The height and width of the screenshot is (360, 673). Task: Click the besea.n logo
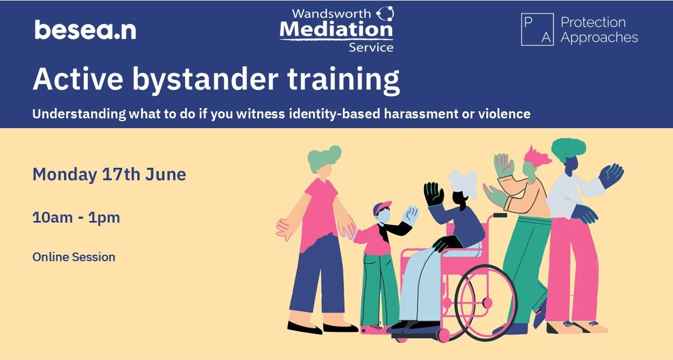[85, 30]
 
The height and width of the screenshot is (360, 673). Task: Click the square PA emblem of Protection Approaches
[537, 30]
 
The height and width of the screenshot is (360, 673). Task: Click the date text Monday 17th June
[109, 174]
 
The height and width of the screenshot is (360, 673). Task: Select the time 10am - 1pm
[76, 217]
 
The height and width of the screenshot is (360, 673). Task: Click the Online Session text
[74, 257]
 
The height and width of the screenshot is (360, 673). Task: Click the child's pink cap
[382, 207]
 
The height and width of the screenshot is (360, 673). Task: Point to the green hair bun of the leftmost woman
[325, 157]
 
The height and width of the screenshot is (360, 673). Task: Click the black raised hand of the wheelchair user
[434, 193]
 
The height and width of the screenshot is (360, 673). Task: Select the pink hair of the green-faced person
[537, 156]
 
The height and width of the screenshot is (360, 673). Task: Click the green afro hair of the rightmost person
[568, 148]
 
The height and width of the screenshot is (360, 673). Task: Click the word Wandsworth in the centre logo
[332, 13]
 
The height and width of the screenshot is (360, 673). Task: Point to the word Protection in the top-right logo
[593, 22]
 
